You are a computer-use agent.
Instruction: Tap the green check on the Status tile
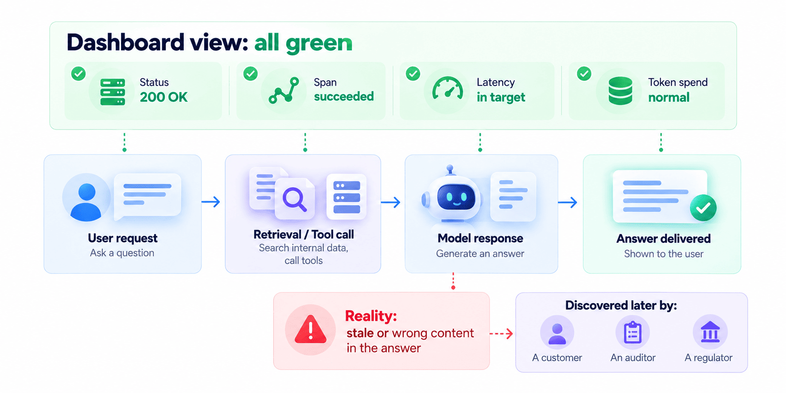point(78,74)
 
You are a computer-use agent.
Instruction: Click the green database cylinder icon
point(620,91)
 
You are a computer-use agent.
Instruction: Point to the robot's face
point(456,197)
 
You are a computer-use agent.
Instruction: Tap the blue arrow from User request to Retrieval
point(211,202)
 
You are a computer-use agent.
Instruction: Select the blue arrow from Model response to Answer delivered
point(568,202)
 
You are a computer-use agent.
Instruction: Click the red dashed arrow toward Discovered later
point(501,334)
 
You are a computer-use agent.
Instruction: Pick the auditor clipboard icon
point(633,332)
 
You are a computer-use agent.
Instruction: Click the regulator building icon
point(710,332)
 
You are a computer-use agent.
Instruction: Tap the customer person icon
point(557,334)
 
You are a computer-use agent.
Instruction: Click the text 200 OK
point(164,97)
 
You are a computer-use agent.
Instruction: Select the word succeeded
point(344,97)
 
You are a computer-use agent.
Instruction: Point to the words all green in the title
point(304,43)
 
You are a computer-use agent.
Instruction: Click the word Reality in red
point(371,316)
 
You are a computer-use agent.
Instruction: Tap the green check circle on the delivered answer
point(703,208)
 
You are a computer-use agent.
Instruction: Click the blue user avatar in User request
point(86,202)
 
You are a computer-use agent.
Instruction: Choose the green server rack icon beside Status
point(113,92)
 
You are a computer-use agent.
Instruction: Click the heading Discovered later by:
point(621,305)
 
